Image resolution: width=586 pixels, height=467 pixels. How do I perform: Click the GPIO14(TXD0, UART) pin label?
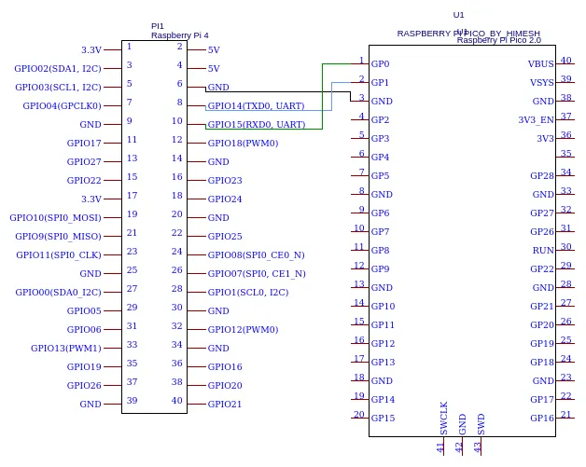(x=256, y=105)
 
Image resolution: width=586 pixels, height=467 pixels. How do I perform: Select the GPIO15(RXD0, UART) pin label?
(x=256, y=124)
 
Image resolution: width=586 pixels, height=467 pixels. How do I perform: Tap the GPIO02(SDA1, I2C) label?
(x=58, y=68)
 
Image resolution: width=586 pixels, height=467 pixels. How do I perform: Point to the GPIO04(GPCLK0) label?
(x=62, y=105)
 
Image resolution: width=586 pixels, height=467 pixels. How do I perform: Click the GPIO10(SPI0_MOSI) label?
(x=55, y=217)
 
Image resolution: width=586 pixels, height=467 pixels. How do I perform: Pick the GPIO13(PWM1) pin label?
(x=65, y=348)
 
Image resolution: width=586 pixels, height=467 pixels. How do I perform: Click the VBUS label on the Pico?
(x=541, y=64)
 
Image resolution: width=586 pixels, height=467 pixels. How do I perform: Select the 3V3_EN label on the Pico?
(x=536, y=120)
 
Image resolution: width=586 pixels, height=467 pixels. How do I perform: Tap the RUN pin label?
(x=543, y=251)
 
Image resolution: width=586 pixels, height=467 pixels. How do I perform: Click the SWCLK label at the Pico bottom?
(x=444, y=418)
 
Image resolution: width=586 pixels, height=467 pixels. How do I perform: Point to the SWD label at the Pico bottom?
(x=481, y=423)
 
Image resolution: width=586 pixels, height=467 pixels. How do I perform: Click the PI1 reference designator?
(x=157, y=26)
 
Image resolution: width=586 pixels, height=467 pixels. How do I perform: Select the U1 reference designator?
(x=458, y=15)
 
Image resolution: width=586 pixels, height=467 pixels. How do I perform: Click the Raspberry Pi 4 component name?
(x=179, y=35)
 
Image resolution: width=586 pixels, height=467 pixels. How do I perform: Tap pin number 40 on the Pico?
(x=566, y=61)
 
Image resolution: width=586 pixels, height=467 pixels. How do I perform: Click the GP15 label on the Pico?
(x=383, y=419)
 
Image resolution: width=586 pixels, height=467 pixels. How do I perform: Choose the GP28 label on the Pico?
(x=542, y=176)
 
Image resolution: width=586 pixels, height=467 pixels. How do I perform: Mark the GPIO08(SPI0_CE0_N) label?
(x=256, y=254)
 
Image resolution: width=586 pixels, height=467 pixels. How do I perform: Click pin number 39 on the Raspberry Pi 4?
(x=132, y=400)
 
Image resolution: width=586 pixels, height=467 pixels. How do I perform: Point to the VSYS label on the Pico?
(x=541, y=83)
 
